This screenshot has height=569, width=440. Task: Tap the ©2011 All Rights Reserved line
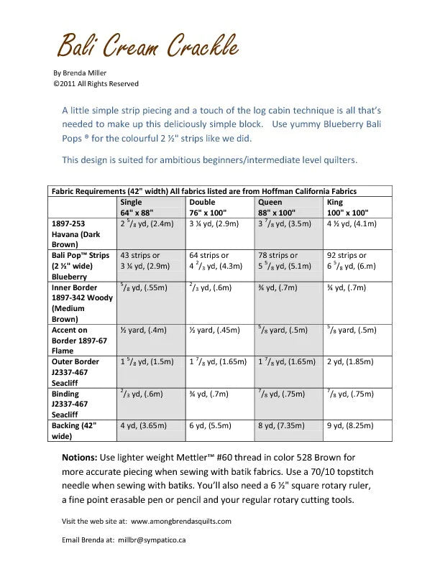tap(96, 84)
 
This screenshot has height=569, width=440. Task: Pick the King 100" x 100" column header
tap(348, 208)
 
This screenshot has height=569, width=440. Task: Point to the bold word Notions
tap(80, 457)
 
